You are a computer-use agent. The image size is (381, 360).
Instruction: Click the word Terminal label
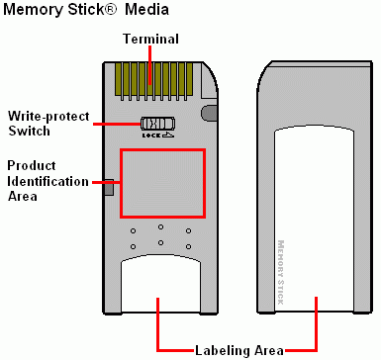click(x=151, y=39)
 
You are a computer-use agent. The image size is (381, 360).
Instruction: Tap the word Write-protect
click(x=48, y=117)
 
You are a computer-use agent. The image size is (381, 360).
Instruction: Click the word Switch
click(x=30, y=131)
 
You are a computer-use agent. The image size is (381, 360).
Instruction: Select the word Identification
click(x=48, y=181)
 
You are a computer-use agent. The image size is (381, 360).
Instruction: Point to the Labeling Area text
click(x=239, y=350)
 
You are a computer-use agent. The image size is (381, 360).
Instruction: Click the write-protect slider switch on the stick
click(x=158, y=124)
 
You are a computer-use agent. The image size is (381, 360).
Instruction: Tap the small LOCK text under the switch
click(x=151, y=135)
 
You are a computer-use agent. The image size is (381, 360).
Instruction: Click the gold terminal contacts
click(x=154, y=81)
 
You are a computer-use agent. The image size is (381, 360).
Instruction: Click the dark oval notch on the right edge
click(x=209, y=113)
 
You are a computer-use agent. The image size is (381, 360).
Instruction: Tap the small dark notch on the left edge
click(x=109, y=188)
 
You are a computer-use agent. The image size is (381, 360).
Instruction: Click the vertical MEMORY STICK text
click(x=281, y=272)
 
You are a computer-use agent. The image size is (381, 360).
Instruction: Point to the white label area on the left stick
click(x=160, y=284)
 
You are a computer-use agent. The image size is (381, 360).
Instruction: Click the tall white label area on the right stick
click(x=315, y=219)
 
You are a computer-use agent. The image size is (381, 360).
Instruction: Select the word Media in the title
click(x=146, y=10)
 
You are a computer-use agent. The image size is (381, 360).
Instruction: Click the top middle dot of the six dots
click(x=160, y=226)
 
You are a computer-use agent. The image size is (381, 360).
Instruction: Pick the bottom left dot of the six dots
click(x=133, y=246)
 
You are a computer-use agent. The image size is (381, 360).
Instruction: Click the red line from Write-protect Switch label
click(x=117, y=124)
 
